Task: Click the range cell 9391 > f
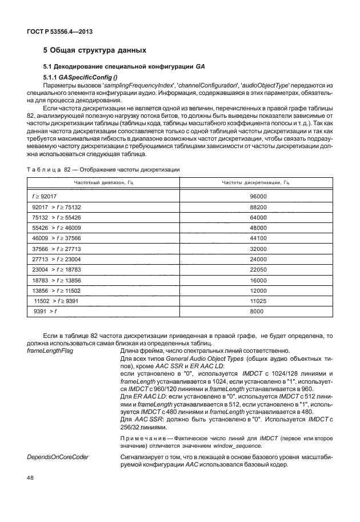pyautogui.click(x=46, y=311)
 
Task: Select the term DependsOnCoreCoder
pyautogui.click(x=56, y=458)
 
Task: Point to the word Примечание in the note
pyautogui.click(x=143, y=437)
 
